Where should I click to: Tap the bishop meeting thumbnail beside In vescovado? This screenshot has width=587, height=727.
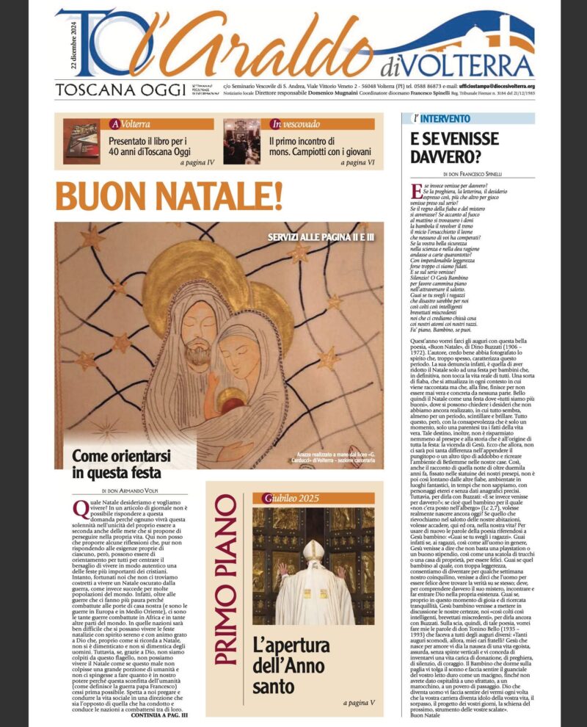[241, 141]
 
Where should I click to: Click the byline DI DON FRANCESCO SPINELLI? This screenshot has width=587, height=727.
[472, 174]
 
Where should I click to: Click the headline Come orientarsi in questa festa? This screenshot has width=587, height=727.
[116, 463]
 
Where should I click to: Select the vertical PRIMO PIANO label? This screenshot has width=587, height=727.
[227, 584]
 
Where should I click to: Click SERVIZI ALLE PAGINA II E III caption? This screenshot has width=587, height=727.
[321, 238]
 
